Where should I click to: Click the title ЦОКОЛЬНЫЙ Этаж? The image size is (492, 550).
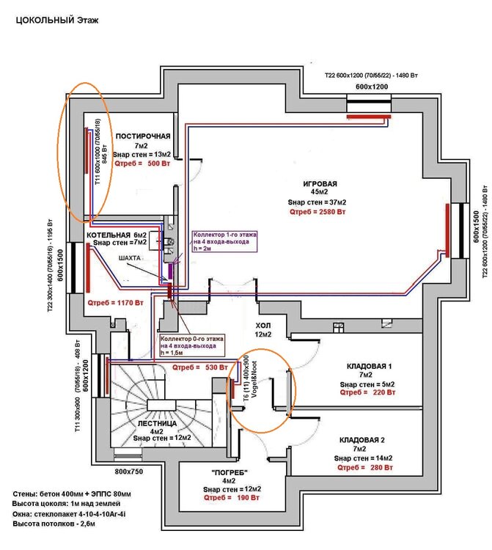tap(56, 21)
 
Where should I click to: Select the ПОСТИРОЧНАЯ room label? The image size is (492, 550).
tap(143, 136)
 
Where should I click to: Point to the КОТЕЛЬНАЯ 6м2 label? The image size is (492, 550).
tap(117, 235)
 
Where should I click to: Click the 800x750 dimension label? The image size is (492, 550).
tap(129, 471)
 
